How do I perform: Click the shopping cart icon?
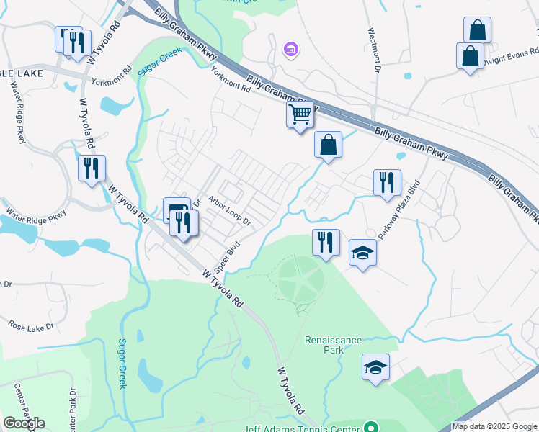(x=300, y=114)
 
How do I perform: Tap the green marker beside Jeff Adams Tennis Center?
(x=371, y=427)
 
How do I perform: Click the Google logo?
(x=24, y=423)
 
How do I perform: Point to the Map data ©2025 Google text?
(x=494, y=426)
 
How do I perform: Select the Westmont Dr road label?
(x=374, y=50)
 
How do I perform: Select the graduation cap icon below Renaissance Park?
(x=375, y=366)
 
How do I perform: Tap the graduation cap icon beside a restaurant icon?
(x=363, y=253)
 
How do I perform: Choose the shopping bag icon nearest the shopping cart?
(x=328, y=145)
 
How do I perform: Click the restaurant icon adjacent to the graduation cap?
(x=326, y=242)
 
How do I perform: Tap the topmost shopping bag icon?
(x=477, y=30)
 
